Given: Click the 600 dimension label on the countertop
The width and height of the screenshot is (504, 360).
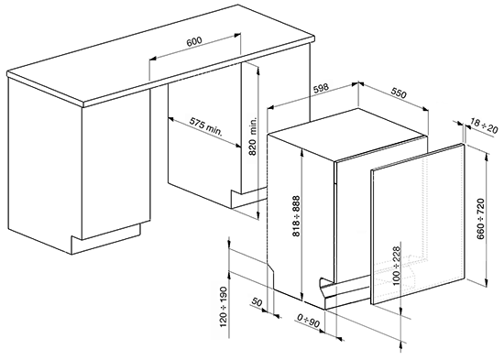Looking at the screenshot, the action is coord(194,41).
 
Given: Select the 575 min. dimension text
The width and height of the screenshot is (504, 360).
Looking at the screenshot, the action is coord(205,126).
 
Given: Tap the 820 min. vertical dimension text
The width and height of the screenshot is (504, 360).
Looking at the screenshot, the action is coord(253,136).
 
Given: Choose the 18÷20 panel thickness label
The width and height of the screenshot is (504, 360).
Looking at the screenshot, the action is coord(484,125).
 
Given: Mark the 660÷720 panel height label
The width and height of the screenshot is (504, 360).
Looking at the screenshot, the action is coord(481,219).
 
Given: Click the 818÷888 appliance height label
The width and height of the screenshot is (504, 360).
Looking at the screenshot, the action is coord(296,216).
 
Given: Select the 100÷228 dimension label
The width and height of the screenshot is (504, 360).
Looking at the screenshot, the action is coord(396,266).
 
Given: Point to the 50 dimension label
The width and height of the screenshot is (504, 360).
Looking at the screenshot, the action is coord(257,302).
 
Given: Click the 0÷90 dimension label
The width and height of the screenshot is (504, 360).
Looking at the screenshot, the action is coord(309,321).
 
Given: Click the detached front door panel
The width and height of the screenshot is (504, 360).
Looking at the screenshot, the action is coord(418,224).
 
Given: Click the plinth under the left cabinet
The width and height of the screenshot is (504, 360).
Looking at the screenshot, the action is coord(105,239).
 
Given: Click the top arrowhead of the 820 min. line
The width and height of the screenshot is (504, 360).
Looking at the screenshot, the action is coord(257,69).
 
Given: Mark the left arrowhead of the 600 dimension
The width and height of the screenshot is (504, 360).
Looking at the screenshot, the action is coord(154,59).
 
